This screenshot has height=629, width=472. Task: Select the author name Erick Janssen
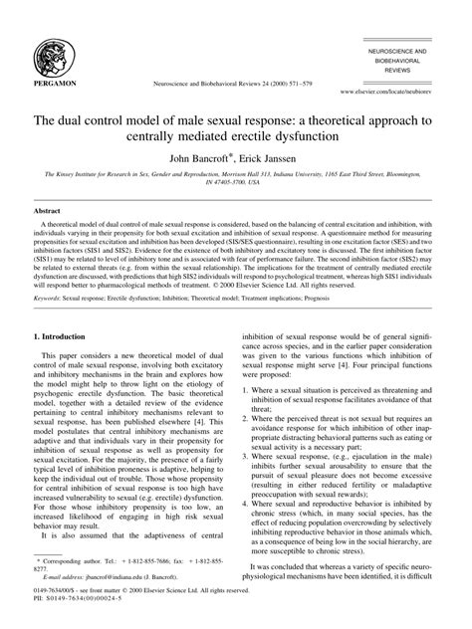click(273, 156)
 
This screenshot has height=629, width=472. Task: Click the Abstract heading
click(50, 212)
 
